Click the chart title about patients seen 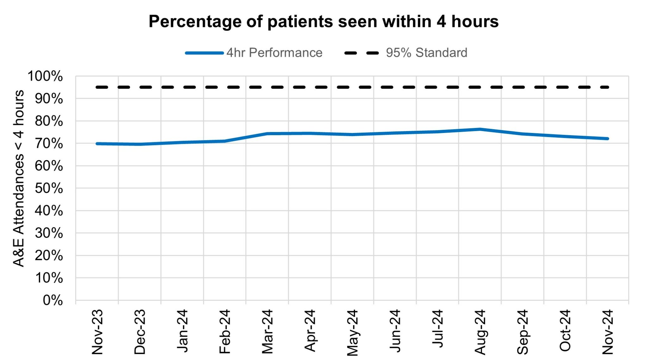tap(323, 22)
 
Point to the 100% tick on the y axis tap(45, 76)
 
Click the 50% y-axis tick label tap(49, 188)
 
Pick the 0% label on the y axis tap(53, 300)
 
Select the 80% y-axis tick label tap(49, 121)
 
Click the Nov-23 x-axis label tap(97, 332)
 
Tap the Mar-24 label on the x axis tap(268, 332)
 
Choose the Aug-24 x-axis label tap(480, 332)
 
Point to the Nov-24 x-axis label tap(608, 332)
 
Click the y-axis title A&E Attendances tap(19, 178)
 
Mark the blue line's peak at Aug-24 tap(480, 129)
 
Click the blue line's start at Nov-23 tap(97, 144)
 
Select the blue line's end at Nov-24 tap(607, 139)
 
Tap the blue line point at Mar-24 tap(268, 134)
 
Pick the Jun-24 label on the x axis tap(395, 332)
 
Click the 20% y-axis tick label tap(49, 256)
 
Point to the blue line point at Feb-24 tap(225, 141)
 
